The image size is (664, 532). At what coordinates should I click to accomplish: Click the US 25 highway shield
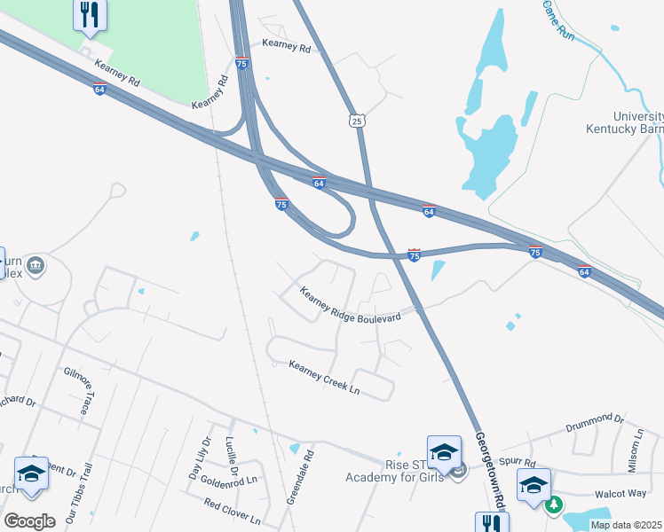(357, 121)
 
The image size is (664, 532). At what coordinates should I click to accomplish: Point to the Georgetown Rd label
(489, 470)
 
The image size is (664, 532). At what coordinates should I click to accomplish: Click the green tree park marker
(554, 505)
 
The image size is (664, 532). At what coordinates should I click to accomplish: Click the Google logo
(29, 520)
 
